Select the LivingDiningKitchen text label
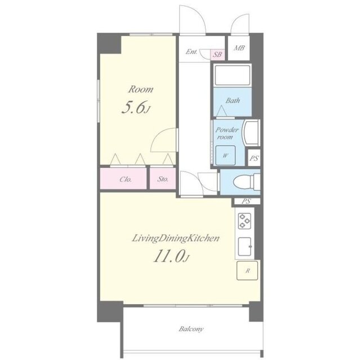point(176,239)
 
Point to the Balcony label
point(191,329)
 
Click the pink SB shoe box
point(217,55)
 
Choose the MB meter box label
point(239,48)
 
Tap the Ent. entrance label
point(191,52)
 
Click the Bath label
point(233,101)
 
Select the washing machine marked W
point(225,155)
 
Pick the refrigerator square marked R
point(247,271)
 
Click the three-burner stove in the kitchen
point(244,221)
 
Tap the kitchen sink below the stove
point(245,246)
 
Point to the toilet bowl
point(243,182)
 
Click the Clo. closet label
point(126,179)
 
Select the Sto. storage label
point(163,179)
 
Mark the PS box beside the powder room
point(254,157)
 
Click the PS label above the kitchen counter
point(246,201)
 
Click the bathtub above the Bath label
point(232,75)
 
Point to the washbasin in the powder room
point(251,133)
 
